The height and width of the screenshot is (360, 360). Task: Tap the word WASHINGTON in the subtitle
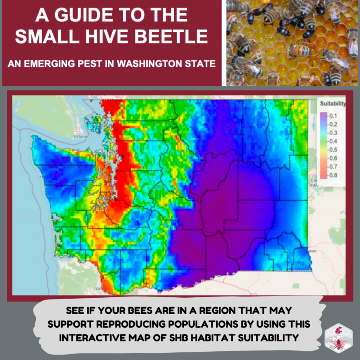[x=154, y=64]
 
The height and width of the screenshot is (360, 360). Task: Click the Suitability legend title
[x=331, y=104]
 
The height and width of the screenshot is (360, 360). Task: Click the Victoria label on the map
[x=80, y=135]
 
